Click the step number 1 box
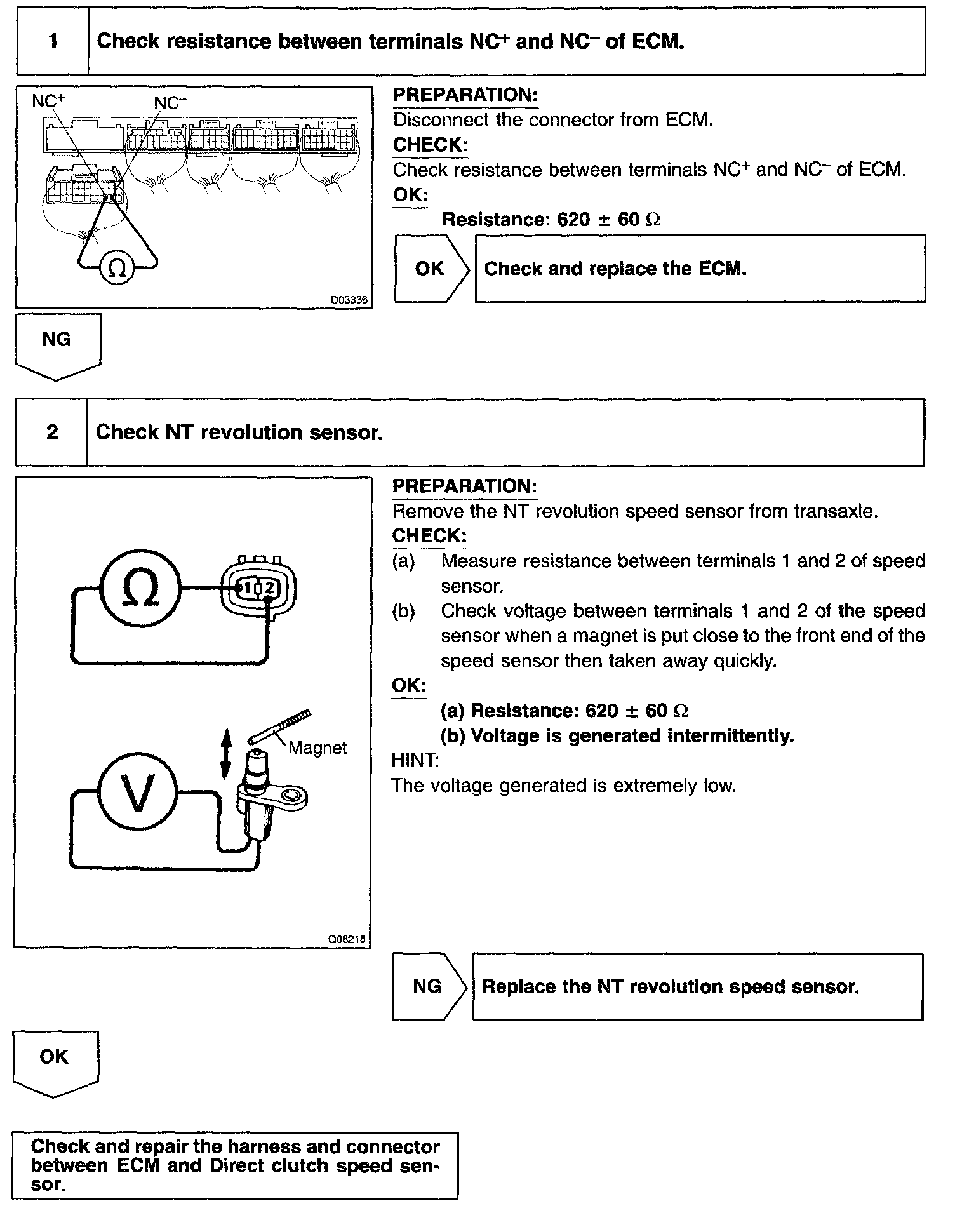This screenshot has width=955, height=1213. click(53, 42)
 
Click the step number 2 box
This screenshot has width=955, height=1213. click(52, 432)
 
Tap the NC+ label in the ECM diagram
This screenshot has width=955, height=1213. click(48, 101)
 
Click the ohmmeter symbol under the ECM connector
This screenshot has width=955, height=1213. click(117, 269)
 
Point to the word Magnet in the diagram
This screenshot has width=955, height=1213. click(317, 747)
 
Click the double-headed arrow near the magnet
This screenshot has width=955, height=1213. click(225, 754)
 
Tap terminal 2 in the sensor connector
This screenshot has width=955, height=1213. click(269, 588)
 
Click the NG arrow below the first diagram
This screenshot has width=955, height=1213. click(57, 346)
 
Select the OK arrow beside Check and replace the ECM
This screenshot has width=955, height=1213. click(431, 269)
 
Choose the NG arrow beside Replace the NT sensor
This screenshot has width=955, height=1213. click(429, 986)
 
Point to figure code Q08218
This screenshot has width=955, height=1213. click(347, 939)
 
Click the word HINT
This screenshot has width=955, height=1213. click(415, 760)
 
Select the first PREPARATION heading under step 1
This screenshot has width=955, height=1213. click(465, 95)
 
